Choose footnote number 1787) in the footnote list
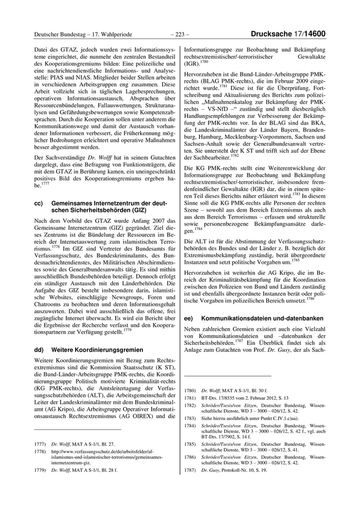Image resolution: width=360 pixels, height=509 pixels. point(190,470)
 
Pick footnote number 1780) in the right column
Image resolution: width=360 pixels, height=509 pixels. point(190,391)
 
